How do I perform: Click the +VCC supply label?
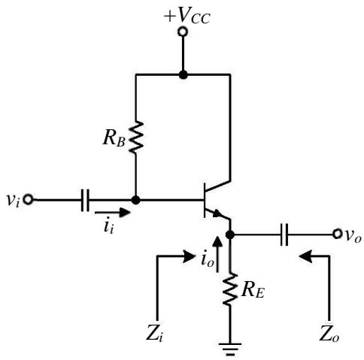point(187,17)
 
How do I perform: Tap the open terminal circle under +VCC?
point(183,32)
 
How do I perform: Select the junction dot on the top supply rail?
point(184,74)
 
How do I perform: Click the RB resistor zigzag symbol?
point(136,137)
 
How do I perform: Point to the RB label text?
point(114,138)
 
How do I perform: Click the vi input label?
point(12,200)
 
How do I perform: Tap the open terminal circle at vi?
point(28,200)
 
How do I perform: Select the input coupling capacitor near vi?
point(85,200)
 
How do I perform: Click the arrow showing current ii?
point(113,213)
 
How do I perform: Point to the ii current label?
point(108,227)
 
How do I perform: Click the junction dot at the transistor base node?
point(135,200)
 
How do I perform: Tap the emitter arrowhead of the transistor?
point(217,213)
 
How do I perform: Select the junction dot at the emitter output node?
point(230,234)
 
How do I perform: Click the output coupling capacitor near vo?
point(284,234)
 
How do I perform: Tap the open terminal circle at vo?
point(337,234)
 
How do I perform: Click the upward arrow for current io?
point(217,254)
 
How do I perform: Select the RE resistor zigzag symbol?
point(230,289)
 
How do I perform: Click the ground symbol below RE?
point(230,349)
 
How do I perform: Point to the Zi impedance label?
point(154,334)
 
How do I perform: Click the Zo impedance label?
point(329,334)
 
